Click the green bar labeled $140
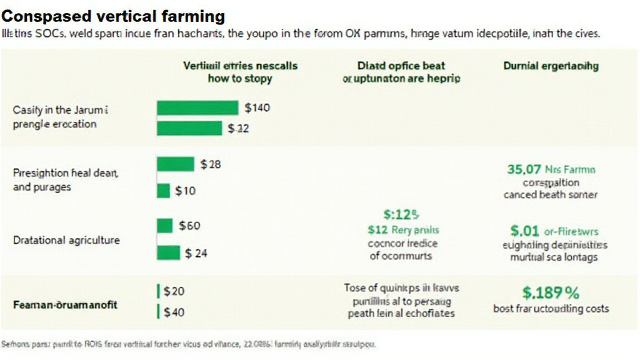tap(197, 108)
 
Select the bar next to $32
tap(189, 128)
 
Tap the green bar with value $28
tap(175, 164)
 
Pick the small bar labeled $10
tap(163, 191)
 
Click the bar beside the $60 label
tap(164, 226)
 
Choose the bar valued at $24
tap(168, 253)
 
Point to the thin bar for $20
tap(158, 291)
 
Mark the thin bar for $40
tap(158, 311)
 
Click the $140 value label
tap(257, 108)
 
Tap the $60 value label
tap(189, 226)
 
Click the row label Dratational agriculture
tap(66, 240)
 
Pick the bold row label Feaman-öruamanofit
tap(65, 306)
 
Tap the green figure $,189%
tap(550, 292)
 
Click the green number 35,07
tap(524, 169)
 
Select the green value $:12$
tap(401, 216)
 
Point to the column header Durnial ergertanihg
tap(551, 66)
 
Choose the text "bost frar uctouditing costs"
tap(551, 309)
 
